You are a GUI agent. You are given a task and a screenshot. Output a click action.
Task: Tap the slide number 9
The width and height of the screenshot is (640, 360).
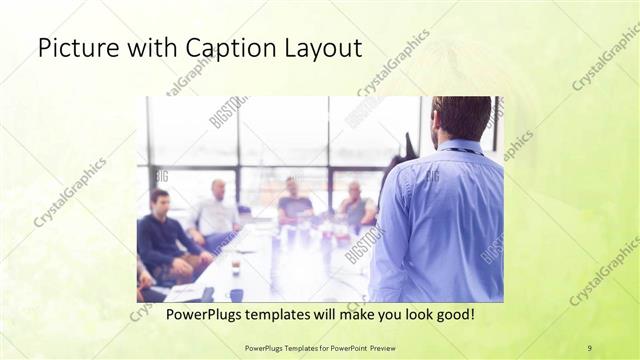point(589,347)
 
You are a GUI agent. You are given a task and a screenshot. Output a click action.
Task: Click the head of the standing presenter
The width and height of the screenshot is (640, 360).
point(461,118)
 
